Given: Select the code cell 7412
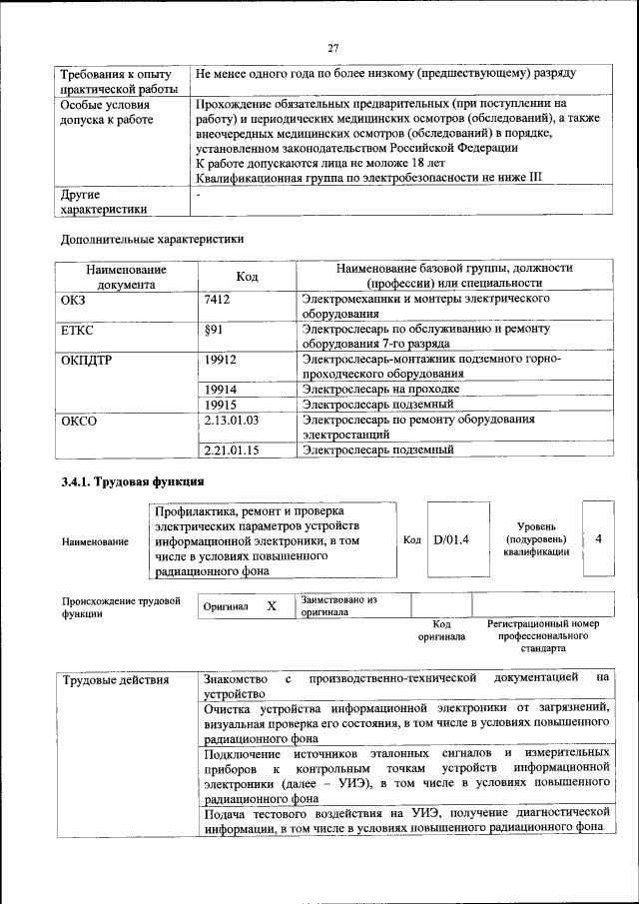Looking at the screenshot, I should point(217,299).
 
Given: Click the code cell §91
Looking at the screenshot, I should point(212,329).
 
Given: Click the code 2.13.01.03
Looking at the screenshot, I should point(231,420).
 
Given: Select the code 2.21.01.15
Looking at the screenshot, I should point(231,451).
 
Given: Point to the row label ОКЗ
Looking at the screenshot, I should point(76,299).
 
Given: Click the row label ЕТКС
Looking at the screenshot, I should point(79,329).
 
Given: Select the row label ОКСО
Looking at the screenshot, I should point(79,421).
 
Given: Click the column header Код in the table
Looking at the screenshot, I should point(248,276).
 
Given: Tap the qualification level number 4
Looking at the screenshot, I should point(598,539).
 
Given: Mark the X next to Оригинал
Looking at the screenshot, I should point(271,606).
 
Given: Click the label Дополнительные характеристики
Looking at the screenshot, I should point(151,239).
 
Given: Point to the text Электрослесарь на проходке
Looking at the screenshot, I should point(381,389).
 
